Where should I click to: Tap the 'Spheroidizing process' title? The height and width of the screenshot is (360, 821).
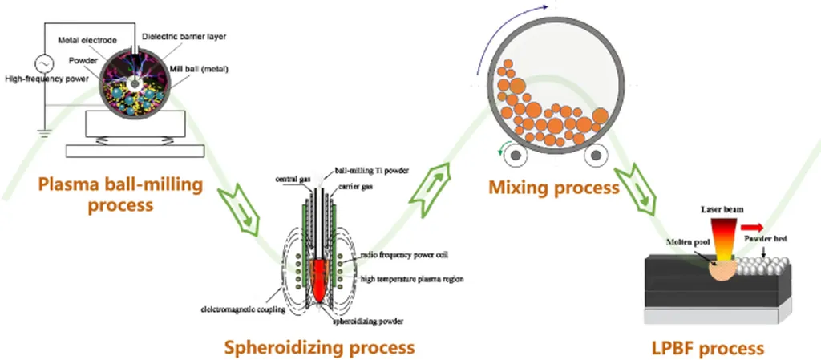(319, 347)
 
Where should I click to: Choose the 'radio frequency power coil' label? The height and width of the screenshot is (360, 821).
(406, 254)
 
